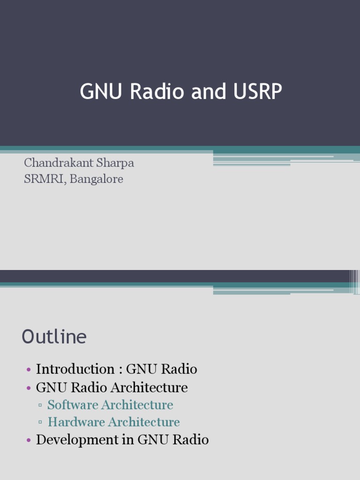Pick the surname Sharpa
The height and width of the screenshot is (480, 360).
click(116, 163)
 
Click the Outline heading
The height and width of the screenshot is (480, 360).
click(54, 337)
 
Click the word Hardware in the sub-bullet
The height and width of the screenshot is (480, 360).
click(76, 422)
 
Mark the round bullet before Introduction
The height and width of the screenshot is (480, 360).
click(29, 370)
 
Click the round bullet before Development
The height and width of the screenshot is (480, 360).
click(29, 440)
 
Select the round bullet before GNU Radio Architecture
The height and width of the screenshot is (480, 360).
click(29, 388)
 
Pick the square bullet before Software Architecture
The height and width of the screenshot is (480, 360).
click(41, 405)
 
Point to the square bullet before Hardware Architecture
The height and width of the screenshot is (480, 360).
click(41, 423)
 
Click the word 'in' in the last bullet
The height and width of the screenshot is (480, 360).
click(129, 440)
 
